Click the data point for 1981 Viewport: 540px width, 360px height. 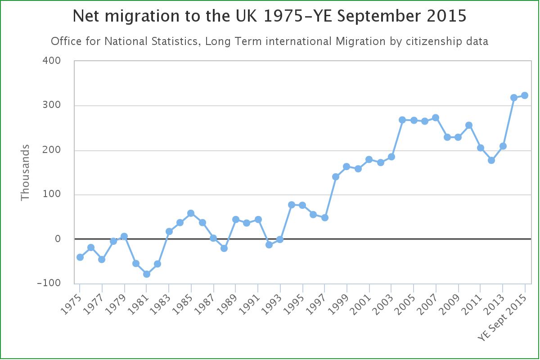click(147, 274)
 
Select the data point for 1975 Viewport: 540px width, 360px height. click(80, 257)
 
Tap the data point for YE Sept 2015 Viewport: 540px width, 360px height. click(525, 95)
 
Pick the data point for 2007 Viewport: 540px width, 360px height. click(436, 118)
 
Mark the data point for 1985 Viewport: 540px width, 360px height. click(191, 213)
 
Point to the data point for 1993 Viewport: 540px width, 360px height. click(280, 239)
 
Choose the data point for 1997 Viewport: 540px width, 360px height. click(325, 218)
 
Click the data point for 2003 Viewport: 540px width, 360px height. click(391, 157)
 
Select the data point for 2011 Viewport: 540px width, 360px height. click(481, 148)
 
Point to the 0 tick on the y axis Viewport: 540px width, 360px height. click(57, 239)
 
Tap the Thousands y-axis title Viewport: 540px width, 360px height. click(25, 172)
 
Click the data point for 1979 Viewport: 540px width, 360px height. click(124, 236)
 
